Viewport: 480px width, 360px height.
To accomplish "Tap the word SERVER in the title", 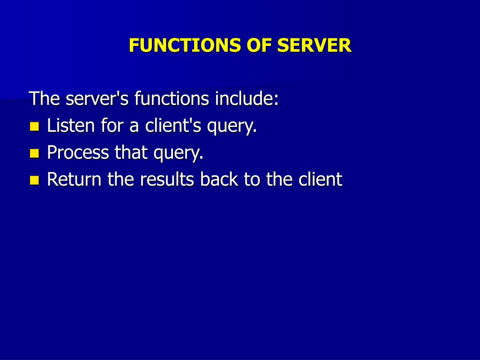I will coord(314,45).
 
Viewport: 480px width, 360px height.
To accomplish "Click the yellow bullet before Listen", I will coord(34,126).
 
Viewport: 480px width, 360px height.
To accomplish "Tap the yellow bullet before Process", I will coord(34,153).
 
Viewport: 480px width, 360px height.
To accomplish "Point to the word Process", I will coord(78,153).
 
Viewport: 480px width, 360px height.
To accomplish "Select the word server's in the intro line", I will coord(97,99).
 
